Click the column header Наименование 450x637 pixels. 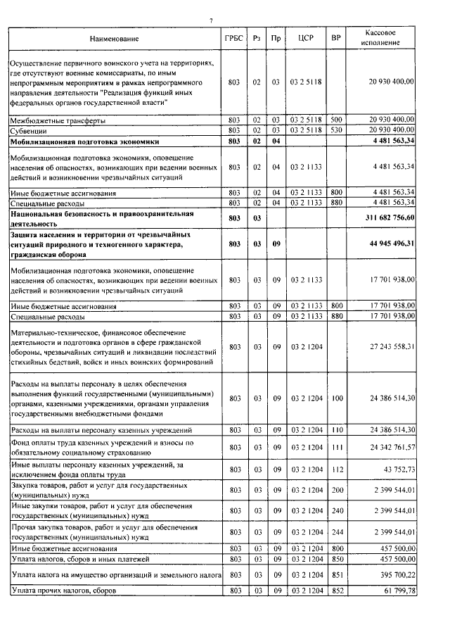[115, 39]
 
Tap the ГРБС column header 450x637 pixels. [234, 39]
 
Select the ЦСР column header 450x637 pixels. [305, 39]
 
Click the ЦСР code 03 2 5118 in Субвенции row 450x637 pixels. [305, 131]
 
